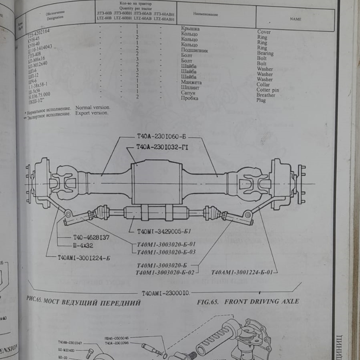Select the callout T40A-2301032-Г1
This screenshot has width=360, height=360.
pyautogui.click(x=162, y=148)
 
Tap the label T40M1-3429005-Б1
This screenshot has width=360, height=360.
pyautogui.click(x=164, y=231)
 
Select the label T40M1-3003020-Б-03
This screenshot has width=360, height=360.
pyautogui.click(x=166, y=252)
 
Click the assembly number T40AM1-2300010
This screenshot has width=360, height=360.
pyautogui.click(x=166, y=292)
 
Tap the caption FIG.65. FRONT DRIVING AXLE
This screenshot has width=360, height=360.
pyautogui.click(x=248, y=301)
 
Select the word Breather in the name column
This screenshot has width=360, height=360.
pyautogui.click(x=266, y=95)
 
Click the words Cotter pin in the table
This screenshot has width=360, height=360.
pyautogui.click(x=268, y=90)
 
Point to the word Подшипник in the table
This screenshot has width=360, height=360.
pyautogui.click(x=194, y=50)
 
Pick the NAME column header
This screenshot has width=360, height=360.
pyautogui.click(x=295, y=19)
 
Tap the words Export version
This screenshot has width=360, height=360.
pyautogui.click(x=92, y=113)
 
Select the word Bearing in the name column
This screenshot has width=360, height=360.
pyautogui.click(x=265, y=53)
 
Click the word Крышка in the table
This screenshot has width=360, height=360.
pyautogui.click(x=190, y=29)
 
